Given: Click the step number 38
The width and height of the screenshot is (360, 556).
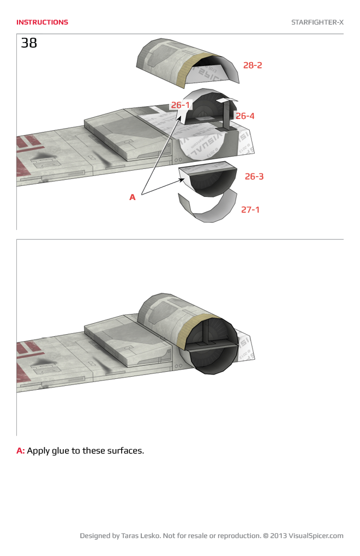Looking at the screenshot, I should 29,43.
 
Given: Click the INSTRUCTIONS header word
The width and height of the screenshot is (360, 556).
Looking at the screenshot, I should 42,22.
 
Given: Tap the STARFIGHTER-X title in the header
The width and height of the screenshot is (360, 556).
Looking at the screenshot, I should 317,22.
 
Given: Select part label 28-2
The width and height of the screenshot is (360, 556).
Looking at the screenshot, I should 253,65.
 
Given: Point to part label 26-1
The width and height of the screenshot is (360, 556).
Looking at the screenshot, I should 180,105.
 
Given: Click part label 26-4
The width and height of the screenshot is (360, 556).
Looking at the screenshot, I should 245,116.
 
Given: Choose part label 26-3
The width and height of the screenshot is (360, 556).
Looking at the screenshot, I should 254,177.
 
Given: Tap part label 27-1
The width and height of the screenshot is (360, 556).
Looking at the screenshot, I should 250,209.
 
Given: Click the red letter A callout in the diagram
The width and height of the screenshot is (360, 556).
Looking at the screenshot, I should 132,197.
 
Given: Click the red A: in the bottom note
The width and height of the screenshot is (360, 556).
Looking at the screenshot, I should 21,451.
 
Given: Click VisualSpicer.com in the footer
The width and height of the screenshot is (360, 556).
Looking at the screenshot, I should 316,536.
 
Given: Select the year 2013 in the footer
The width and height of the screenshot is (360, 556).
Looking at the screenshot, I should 278,536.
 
